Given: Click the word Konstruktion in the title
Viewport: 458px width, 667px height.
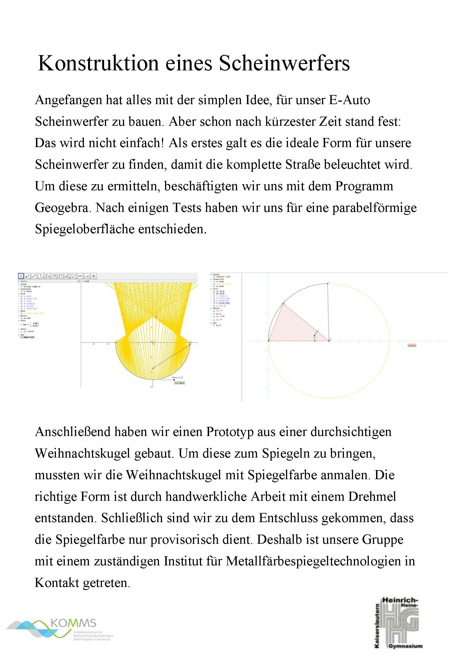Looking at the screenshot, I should point(98,63).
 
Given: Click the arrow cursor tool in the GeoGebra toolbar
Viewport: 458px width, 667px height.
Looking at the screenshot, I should point(21,276).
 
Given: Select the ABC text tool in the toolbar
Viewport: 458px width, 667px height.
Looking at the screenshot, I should point(80,276).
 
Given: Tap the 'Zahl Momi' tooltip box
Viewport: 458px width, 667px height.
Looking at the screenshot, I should point(180,383).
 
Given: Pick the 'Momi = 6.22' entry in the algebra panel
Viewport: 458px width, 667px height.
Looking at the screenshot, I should point(29,337).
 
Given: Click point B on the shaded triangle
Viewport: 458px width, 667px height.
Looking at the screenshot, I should point(329,341).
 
